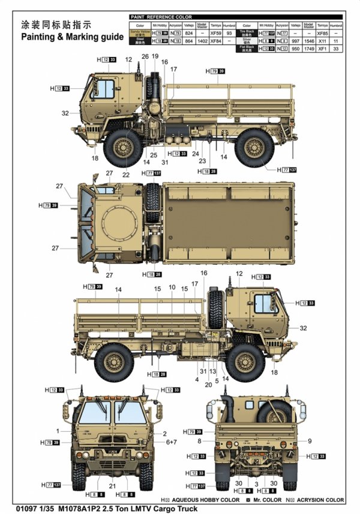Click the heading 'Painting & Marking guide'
[x=72, y=37]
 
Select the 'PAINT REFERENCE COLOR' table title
[x=158, y=18]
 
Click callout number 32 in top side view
[x=64, y=113]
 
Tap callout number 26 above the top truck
[x=145, y=56]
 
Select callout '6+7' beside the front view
[x=172, y=442]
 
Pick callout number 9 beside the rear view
[x=310, y=441]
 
